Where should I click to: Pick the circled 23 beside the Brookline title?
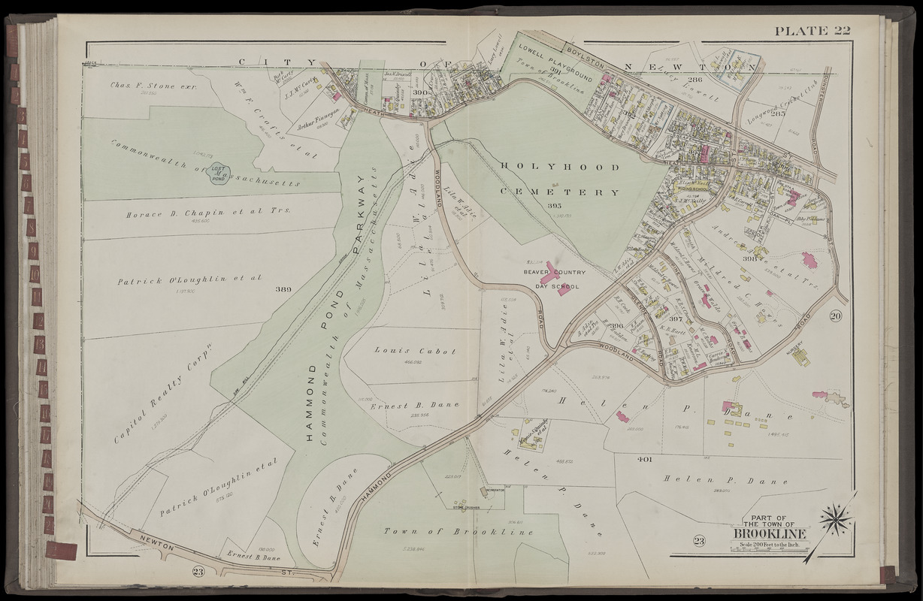(x=699, y=541)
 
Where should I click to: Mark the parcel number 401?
(x=643, y=458)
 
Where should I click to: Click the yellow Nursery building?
(x=801, y=357)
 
